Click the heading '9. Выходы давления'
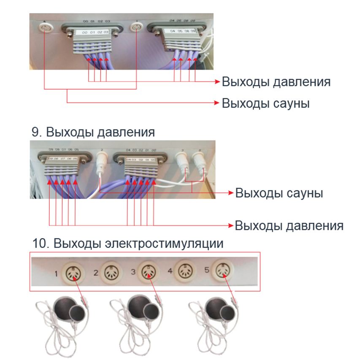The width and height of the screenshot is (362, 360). [x=93, y=132]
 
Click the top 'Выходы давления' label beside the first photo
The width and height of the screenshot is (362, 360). [x=276, y=81]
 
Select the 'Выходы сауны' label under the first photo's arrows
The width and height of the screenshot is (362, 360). [x=266, y=103]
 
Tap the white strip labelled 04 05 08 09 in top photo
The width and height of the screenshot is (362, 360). [x=182, y=31]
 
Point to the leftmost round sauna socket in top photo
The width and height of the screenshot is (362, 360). [x=44, y=28]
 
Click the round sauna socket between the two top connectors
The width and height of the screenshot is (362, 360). [x=136, y=29]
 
